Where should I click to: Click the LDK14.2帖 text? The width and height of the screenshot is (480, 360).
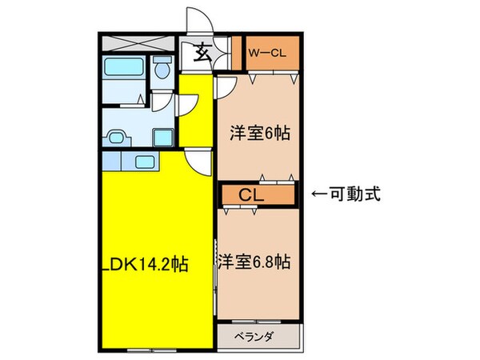(144, 262)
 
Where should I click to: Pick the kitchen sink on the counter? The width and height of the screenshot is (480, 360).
(146, 162)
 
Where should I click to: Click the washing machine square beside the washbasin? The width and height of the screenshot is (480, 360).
(162, 135)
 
